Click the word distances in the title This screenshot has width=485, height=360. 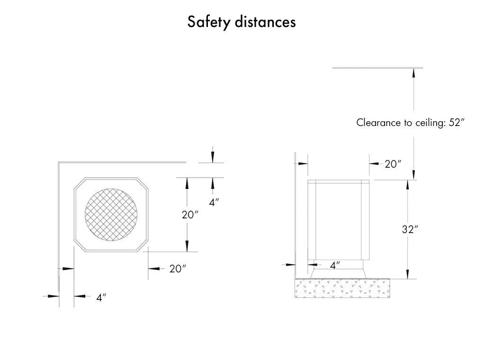pyautogui.click(x=265, y=22)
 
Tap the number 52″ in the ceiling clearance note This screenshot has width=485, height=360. pyautogui.click(x=457, y=123)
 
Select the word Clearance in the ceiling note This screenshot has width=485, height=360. pyautogui.click(x=378, y=123)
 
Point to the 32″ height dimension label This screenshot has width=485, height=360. pyautogui.click(x=410, y=229)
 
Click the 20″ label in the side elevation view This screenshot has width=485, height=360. pyautogui.click(x=393, y=164)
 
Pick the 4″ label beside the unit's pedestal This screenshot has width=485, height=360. pyautogui.click(x=335, y=265)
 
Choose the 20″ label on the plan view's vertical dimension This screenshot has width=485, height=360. pyautogui.click(x=190, y=215)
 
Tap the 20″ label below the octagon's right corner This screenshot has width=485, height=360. pyautogui.click(x=178, y=269)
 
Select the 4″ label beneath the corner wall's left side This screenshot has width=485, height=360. pyautogui.click(x=101, y=297)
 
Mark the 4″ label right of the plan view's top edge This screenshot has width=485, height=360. pyautogui.click(x=214, y=202)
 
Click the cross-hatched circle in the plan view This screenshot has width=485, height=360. pyautogui.click(x=111, y=215)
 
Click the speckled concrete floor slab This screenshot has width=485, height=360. pyautogui.click(x=342, y=288)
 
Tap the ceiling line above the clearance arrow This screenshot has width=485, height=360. pyautogui.click(x=377, y=68)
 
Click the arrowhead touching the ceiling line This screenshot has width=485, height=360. pyautogui.click(x=413, y=72)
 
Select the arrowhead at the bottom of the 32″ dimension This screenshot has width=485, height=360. pyautogui.click(x=407, y=274)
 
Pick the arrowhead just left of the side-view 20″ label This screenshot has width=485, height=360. pyautogui.click(x=374, y=163)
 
